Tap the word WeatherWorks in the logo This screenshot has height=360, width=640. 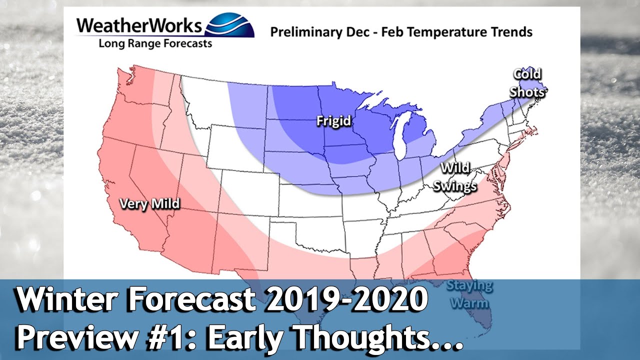(140, 26)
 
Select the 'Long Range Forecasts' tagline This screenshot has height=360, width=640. (155, 43)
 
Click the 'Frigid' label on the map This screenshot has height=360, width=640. (333, 121)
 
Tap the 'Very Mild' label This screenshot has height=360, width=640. (149, 203)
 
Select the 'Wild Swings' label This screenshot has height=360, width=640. (454, 177)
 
